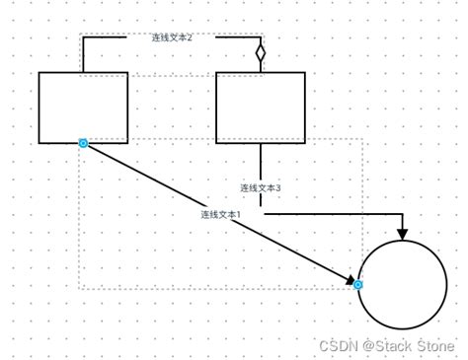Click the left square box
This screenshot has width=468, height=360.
click(83, 108)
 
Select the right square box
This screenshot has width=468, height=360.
click(260, 108)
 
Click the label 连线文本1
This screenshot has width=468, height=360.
click(220, 214)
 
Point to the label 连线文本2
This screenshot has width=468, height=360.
click(172, 37)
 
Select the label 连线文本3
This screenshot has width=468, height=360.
click(261, 187)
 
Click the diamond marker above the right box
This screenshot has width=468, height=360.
click(261, 51)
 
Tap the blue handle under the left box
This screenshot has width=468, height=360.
click(83, 144)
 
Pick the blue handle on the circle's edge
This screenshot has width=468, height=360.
click(358, 285)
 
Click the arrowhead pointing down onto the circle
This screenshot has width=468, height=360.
click(402, 234)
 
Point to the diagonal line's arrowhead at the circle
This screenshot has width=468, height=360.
click(351, 281)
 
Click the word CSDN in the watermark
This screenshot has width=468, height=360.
click(336, 345)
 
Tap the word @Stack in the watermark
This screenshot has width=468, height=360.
click(384, 345)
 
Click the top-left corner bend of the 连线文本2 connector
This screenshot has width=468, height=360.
click(83, 37)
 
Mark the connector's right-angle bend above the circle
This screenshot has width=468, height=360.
click(402, 213)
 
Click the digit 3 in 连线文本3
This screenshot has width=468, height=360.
click(278, 187)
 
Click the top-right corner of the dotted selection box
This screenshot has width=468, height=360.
click(363, 139)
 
